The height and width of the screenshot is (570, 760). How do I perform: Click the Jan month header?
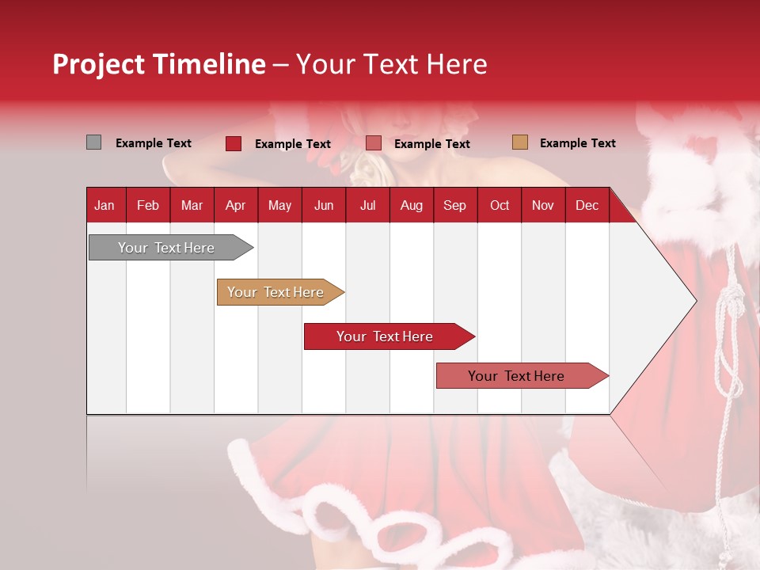tap(104, 206)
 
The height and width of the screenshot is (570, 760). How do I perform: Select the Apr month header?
tap(235, 206)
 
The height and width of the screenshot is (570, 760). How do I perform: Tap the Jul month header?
tap(367, 206)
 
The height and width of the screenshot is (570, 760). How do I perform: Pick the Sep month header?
tap(454, 206)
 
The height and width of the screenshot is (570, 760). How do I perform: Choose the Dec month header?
tap(587, 206)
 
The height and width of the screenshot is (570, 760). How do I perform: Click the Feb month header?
tap(148, 206)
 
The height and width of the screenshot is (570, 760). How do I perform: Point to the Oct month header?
tap(500, 206)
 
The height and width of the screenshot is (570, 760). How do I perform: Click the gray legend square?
tap(93, 142)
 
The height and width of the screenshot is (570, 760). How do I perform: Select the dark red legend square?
tap(233, 143)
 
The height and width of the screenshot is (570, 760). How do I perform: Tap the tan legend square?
tap(519, 142)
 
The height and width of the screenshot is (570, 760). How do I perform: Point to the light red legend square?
tap(373, 143)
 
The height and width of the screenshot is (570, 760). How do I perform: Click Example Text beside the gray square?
tap(154, 143)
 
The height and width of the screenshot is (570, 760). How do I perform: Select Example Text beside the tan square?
tap(577, 143)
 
